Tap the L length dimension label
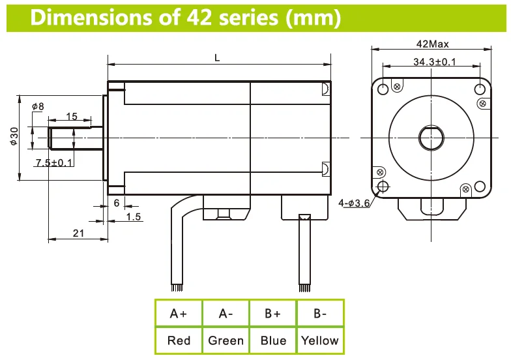click(217, 58)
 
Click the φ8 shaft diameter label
click(38, 106)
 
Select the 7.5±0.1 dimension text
click(55, 162)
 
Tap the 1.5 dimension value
click(134, 217)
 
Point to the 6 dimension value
click(116, 203)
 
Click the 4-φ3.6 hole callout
click(354, 203)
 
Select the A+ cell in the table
click(179, 314)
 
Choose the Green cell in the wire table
click(226, 340)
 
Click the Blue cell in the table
click(272, 340)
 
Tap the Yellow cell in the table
click(319, 340)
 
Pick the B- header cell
click(319, 314)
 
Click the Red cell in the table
click(179, 340)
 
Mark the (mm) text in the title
click(313, 18)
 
